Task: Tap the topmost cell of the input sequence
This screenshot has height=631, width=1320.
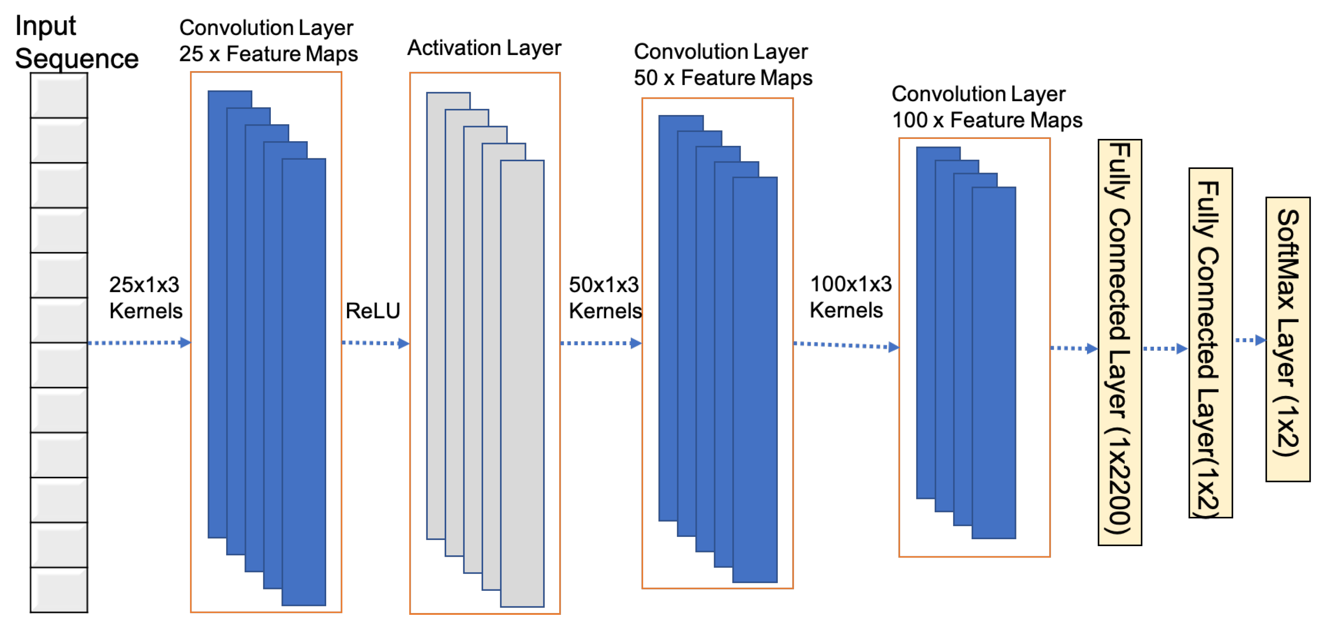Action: (x=59, y=96)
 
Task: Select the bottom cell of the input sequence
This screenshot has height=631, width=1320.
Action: (x=59, y=589)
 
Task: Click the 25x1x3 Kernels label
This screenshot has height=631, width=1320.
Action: (x=145, y=298)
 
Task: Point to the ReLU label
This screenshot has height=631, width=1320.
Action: (x=372, y=311)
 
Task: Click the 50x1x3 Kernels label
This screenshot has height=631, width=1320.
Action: (x=605, y=298)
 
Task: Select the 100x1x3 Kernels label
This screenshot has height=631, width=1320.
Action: (x=851, y=297)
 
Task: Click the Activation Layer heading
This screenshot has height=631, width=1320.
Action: (x=484, y=48)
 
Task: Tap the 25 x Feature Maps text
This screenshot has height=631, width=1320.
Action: (x=268, y=54)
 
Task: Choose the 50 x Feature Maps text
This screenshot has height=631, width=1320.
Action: (x=723, y=78)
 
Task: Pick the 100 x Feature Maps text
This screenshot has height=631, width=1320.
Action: (x=987, y=120)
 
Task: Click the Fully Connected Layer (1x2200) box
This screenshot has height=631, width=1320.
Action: (x=1120, y=342)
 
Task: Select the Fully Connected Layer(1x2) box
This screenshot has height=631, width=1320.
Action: (x=1210, y=343)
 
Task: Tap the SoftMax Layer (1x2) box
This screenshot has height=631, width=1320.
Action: (x=1288, y=339)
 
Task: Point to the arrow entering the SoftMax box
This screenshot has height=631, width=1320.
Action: (x=1250, y=340)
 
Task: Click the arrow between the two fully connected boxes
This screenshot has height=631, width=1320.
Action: (x=1165, y=349)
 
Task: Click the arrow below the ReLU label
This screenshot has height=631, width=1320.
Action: (x=375, y=343)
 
